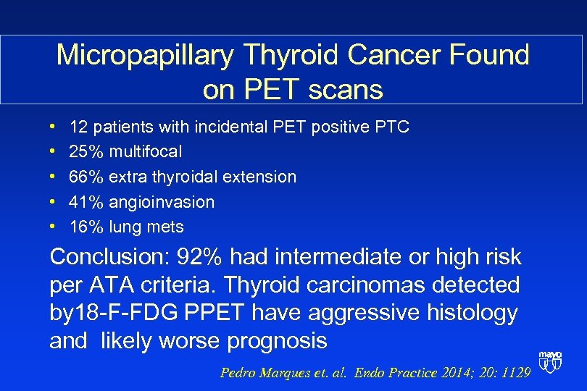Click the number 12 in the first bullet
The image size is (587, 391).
pos(78,127)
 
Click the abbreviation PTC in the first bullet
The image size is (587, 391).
pos(392,127)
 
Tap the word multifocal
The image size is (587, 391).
pos(146,152)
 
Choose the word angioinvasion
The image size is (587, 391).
pos(162,202)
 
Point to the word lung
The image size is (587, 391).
pos(124,227)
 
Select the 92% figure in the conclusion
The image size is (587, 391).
pos(204,256)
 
